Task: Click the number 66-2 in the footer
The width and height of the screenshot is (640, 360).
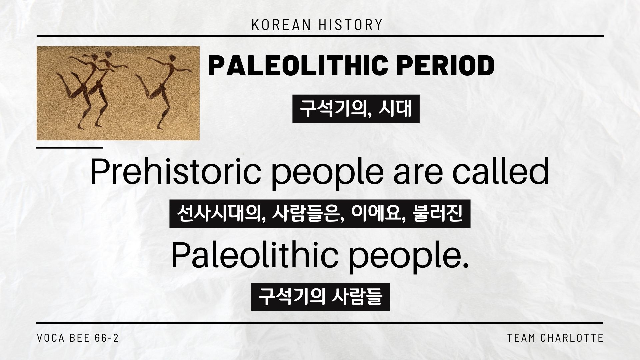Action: tap(107, 338)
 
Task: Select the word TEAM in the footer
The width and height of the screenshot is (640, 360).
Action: tap(521, 338)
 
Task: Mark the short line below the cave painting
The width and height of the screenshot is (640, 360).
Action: tap(69, 147)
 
